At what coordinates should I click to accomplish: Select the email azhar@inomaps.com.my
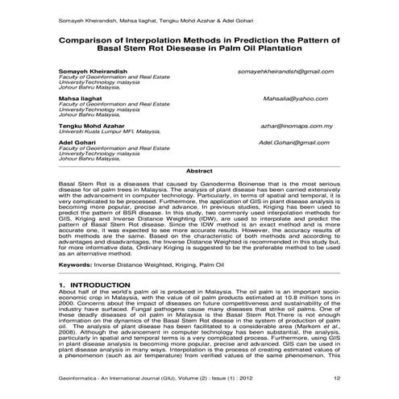pos(297,127)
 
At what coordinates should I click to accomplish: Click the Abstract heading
pos(199,171)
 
